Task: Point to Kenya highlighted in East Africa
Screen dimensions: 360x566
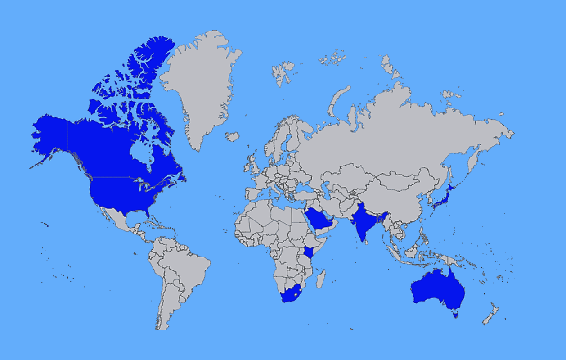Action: tap(309, 252)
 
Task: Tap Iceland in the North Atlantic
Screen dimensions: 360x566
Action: tap(232, 136)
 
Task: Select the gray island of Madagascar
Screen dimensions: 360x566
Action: tap(321, 279)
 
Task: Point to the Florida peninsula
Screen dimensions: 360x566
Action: tap(146, 212)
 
